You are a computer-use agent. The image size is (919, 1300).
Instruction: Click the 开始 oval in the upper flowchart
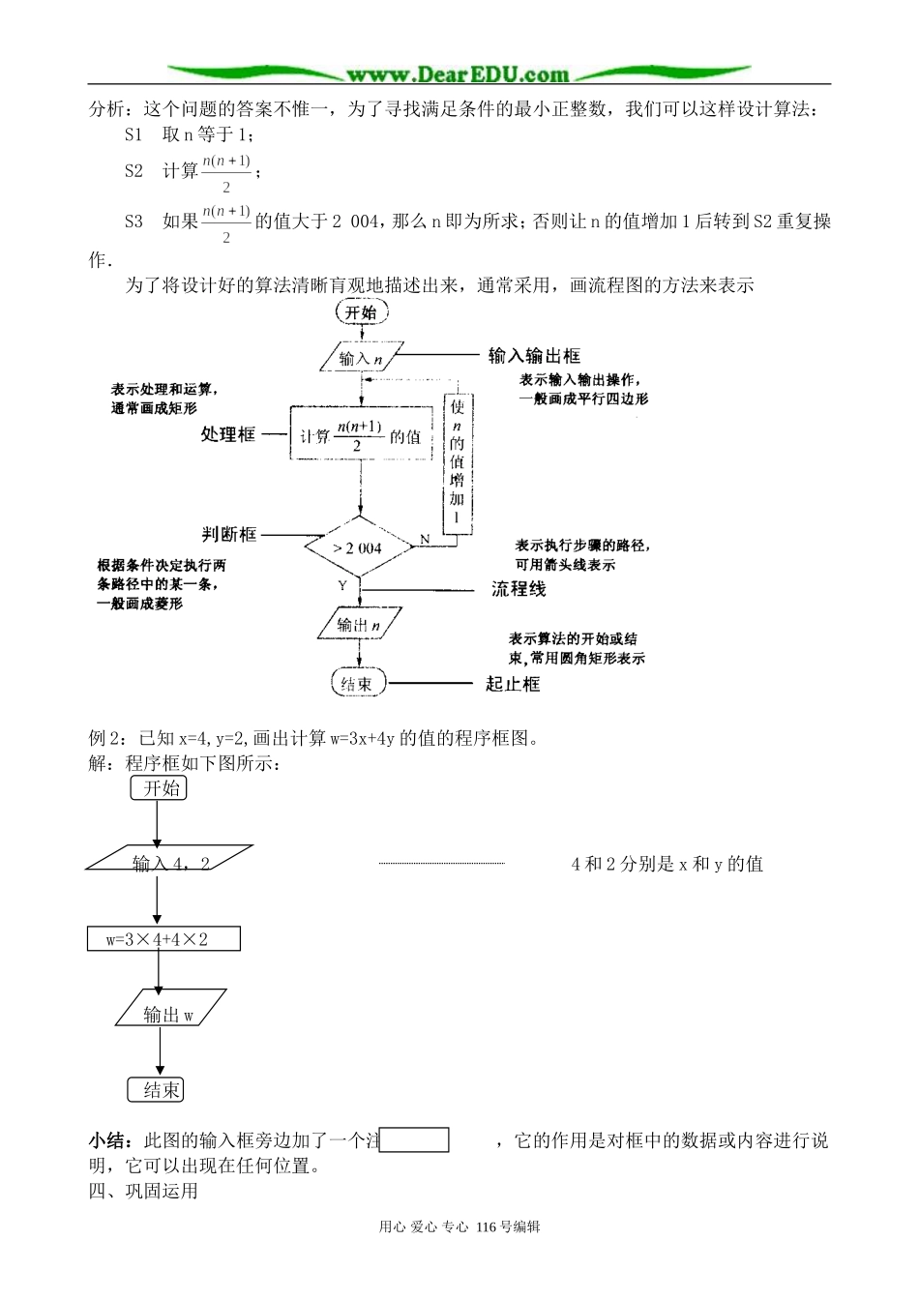361,312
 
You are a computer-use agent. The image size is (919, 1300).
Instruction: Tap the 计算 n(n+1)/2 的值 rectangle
360,436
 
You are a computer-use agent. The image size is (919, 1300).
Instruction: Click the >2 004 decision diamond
358,548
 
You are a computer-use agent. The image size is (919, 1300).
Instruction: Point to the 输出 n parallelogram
359,626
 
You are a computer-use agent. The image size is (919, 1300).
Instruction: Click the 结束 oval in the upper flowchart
358,684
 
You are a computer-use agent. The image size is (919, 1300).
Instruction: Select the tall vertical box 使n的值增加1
458,463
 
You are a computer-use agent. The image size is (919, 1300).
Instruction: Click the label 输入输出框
534,356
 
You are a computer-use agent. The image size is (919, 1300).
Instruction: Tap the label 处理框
228,435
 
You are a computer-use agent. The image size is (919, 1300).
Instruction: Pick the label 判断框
229,534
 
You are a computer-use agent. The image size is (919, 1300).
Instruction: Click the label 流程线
519,588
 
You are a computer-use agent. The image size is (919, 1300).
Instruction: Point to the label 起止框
513,684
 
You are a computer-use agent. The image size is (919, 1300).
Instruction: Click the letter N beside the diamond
425,539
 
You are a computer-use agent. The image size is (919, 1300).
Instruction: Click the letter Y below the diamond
342,586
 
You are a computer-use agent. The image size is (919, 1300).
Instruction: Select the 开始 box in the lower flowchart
159,788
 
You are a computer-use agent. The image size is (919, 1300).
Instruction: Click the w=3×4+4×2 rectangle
163,939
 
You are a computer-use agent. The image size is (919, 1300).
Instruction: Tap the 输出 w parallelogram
170,1013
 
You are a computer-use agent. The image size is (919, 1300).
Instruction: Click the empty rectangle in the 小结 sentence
415,1140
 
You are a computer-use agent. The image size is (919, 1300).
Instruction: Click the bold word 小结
106,1141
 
